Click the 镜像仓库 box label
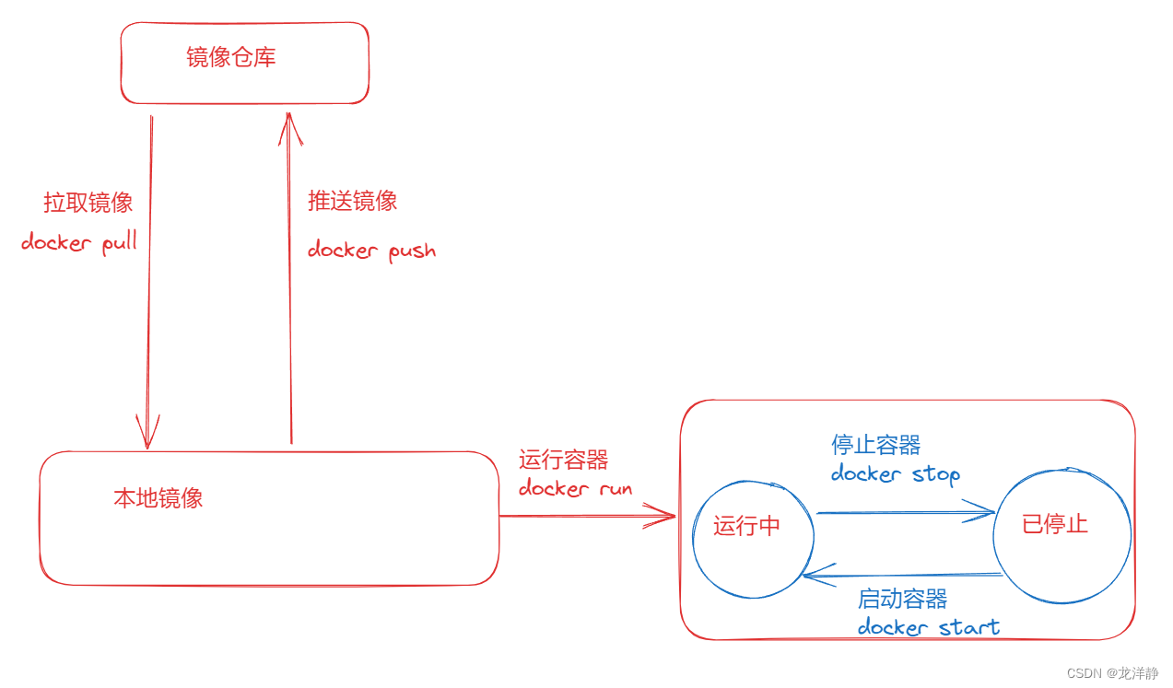(x=231, y=58)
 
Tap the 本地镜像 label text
(x=158, y=498)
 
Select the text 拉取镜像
(x=88, y=203)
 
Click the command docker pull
(x=79, y=243)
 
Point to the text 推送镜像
(x=353, y=201)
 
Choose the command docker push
(x=371, y=250)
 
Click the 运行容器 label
(x=564, y=460)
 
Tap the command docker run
(x=576, y=488)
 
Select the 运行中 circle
(x=753, y=539)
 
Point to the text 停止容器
(x=876, y=445)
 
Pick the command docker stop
(x=896, y=474)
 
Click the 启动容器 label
(x=903, y=599)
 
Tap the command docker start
(x=929, y=628)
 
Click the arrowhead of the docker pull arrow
(x=148, y=438)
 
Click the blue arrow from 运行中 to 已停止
(x=903, y=512)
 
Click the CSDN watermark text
(x=1112, y=674)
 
